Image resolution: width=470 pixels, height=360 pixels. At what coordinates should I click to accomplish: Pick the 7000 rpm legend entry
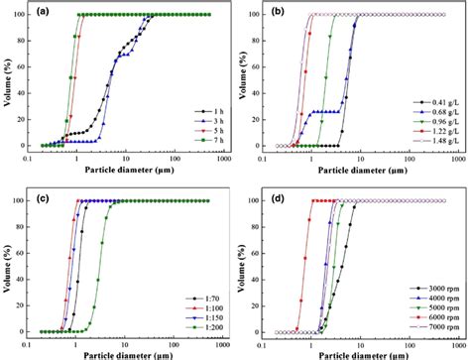pyautogui.click(x=437, y=325)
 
